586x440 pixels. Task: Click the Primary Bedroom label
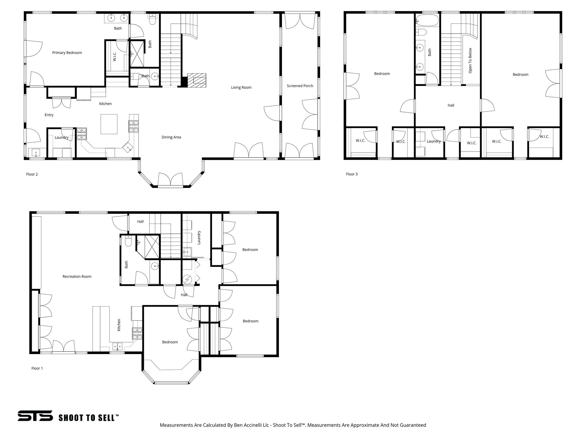pos(67,53)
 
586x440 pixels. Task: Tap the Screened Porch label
pos(300,86)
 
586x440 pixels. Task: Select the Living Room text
pos(241,87)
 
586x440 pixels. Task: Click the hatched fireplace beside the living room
pos(197,80)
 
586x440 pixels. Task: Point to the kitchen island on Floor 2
pos(109,124)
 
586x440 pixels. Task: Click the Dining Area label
pos(171,137)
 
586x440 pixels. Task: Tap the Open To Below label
pos(470,60)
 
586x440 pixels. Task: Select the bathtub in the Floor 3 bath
pos(427,21)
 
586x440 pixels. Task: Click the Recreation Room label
pos(77,276)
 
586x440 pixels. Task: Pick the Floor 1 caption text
pos(37,368)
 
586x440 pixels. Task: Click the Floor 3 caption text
pos(352,174)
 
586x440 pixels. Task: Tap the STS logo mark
pos(35,415)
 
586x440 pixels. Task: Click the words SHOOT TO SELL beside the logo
pos(88,418)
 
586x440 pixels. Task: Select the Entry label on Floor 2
pos(49,115)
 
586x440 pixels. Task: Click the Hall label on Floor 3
pos(451,105)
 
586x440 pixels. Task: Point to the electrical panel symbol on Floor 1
pos(187,279)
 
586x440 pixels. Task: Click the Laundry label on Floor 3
pos(433,141)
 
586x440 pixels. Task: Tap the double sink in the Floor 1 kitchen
pos(117,347)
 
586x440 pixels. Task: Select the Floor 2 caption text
pos(32,174)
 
